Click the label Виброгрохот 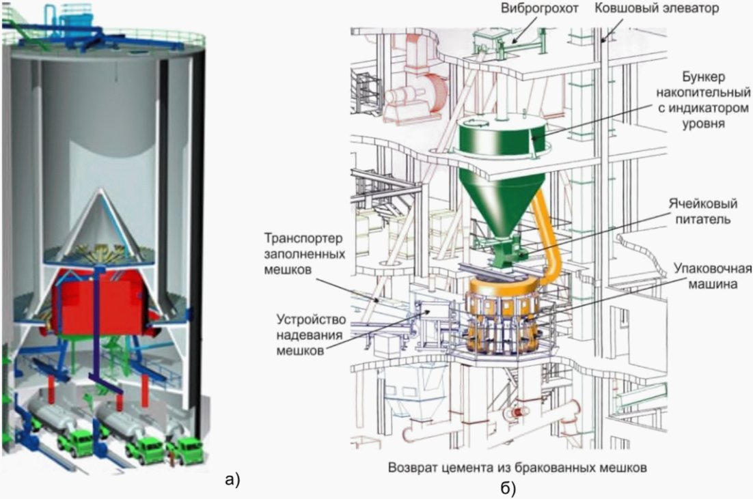(539, 9)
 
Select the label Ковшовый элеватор (657, 9)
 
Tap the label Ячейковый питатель (702, 211)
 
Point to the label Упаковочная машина (713, 276)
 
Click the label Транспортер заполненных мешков (305, 254)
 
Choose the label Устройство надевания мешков (311, 334)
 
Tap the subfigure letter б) (508, 489)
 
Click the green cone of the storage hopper (502, 201)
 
